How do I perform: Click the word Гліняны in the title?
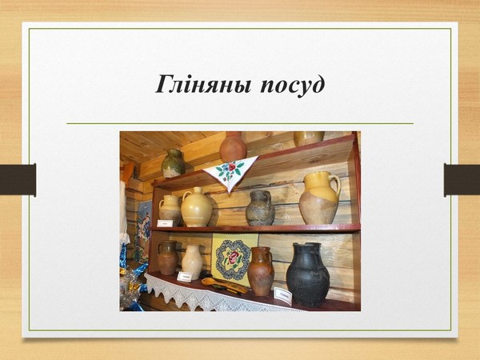pyautogui.click(x=203, y=84)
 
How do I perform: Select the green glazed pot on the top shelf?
pyautogui.click(x=173, y=163)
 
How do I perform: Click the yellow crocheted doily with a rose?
pyautogui.click(x=234, y=256)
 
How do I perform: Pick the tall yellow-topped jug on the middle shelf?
pyautogui.click(x=318, y=198)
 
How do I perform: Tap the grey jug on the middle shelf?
pyautogui.click(x=260, y=208)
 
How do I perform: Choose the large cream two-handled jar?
pyautogui.click(x=196, y=207)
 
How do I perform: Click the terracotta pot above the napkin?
pyautogui.click(x=233, y=146)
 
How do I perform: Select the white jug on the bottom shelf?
pyautogui.click(x=193, y=262)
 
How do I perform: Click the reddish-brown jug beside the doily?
pyautogui.click(x=261, y=271)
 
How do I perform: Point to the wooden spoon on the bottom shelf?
pyautogui.click(x=224, y=286)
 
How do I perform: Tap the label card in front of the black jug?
pyautogui.click(x=283, y=296)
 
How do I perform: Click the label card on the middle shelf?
pyautogui.click(x=165, y=223)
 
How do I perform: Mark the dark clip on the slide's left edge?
pyautogui.click(x=18, y=180)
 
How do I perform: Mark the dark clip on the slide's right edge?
pyautogui.click(x=462, y=180)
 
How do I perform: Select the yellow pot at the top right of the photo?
pyautogui.click(x=309, y=138)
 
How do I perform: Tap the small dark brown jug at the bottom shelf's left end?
pyautogui.click(x=168, y=258)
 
